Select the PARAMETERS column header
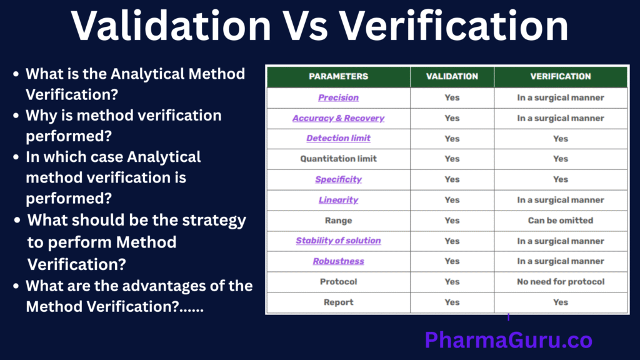click(x=338, y=77)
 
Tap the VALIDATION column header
click(x=452, y=77)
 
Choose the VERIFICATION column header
click(x=561, y=77)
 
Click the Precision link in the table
click(x=338, y=97)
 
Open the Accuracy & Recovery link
click(x=338, y=118)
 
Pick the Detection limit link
click(x=338, y=138)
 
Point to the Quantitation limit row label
click(x=338, y=159)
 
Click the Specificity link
click(x=338, y=179)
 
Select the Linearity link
click(x=338, y=200)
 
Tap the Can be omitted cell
click(x=561, y=221)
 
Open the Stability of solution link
click(x=338, y=241)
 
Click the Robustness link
click(x=338, y=261)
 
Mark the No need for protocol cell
click(x=561, y=282)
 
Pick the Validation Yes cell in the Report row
click(x=452, y=302)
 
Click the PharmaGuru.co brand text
click(x=508, y=341)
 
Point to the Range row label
click(x=338, y=221)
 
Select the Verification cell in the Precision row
click(x=561, y=97)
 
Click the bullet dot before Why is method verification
click(x=16, y=116)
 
